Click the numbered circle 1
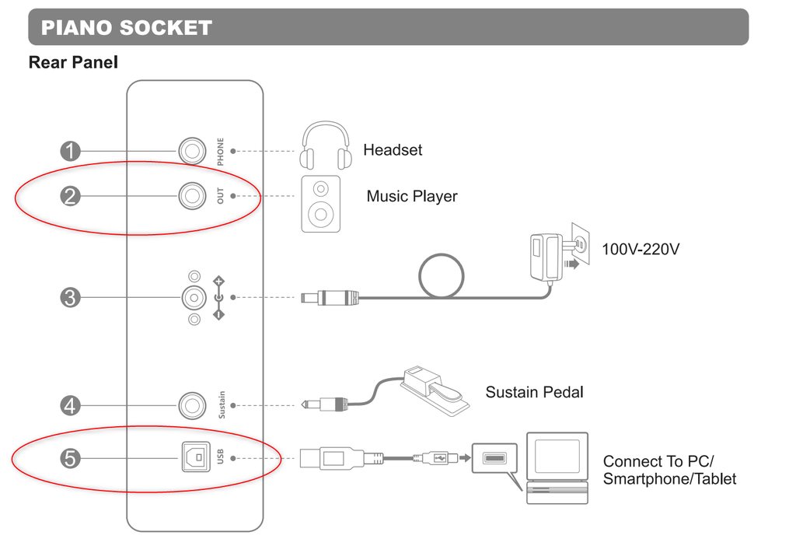[x=71, y=150]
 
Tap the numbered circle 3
[x=71, y=297]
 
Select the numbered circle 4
[x=71, y=405]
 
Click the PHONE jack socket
[x=190, y=150]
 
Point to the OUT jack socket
[x=190, y=195]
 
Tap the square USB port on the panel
[x=191, y=459]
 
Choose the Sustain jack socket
[x=190, y=405]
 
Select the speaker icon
[x=320, y=203]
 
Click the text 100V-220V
[x=641, y=250]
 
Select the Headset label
[x=393, y=149]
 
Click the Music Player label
[x=412, y=197]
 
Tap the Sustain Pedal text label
[x=534, y=392]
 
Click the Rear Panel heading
[x=73, y=62]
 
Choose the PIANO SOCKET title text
[x=126, y=28]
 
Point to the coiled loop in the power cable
[x=441, y=275]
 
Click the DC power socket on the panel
[x=190, y=297]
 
